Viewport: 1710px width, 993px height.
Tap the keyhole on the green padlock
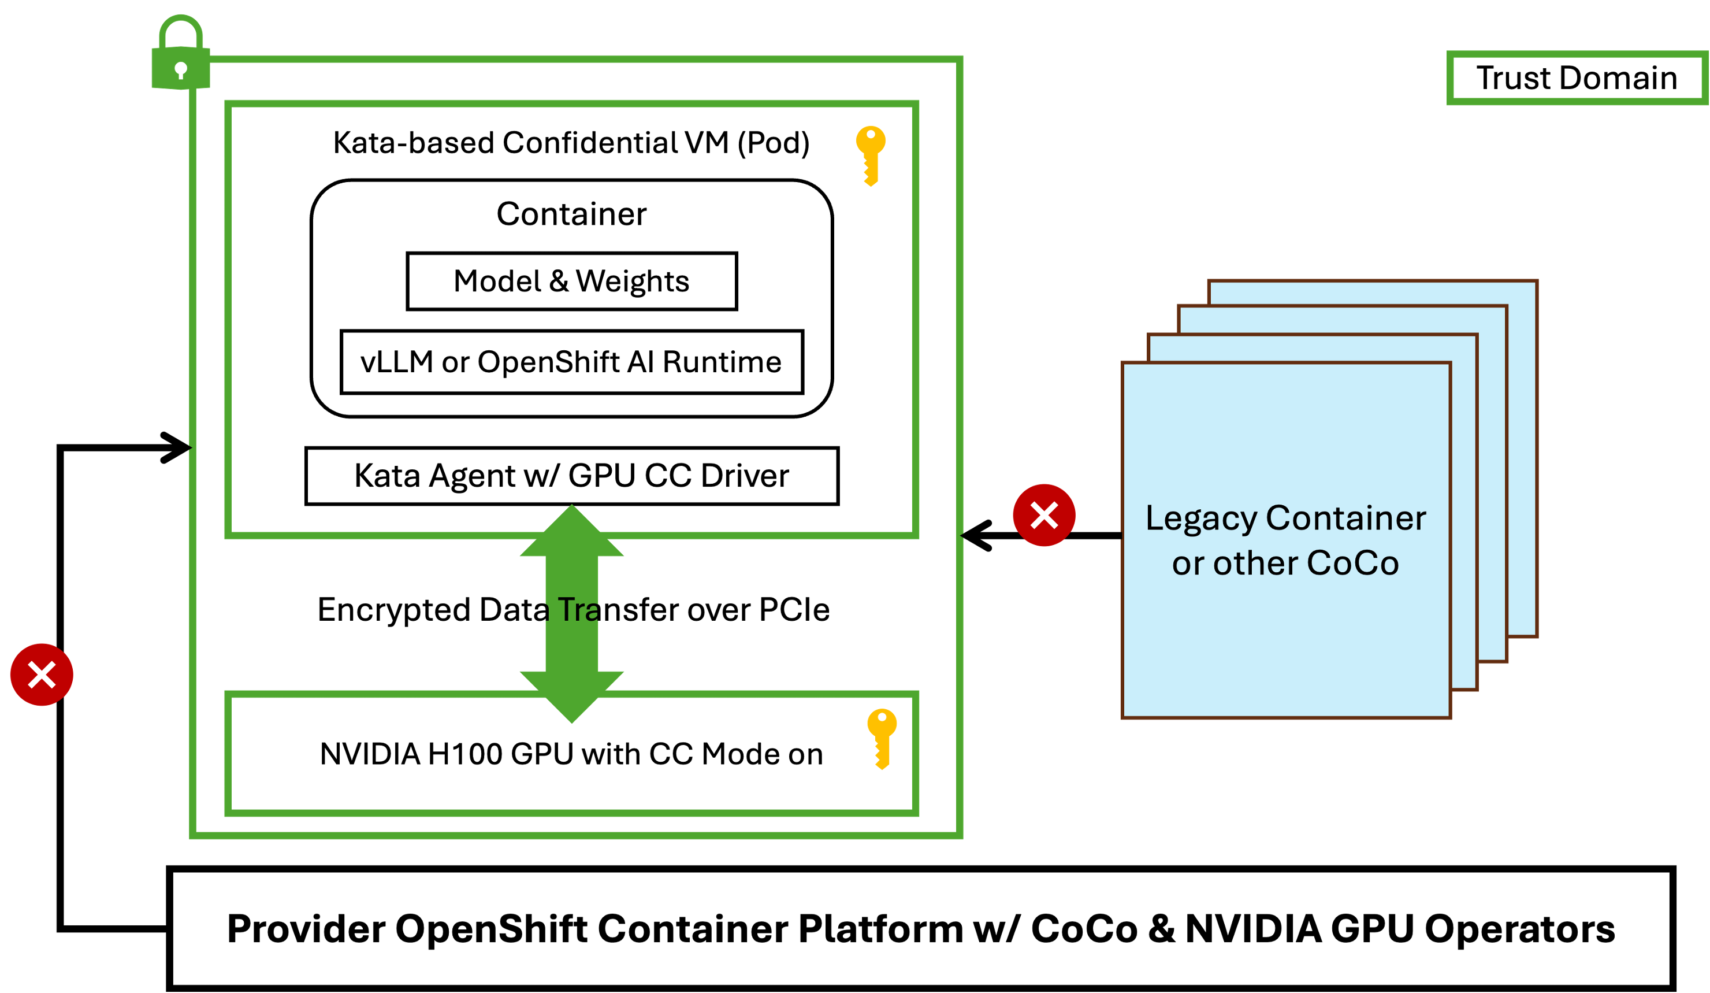(180, 69)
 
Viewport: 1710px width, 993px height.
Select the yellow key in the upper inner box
(871, 155)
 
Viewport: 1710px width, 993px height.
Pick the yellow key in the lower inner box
(882, 739)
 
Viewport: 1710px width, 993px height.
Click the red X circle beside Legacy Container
(1044, 515)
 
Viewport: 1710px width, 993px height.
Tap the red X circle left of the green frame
(42, 675)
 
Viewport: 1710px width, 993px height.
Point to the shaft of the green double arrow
(571, 614)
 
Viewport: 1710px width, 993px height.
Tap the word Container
(1345, 518)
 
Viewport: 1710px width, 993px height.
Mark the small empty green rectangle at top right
(1577, 77)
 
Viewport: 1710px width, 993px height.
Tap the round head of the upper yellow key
(871, 139)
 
